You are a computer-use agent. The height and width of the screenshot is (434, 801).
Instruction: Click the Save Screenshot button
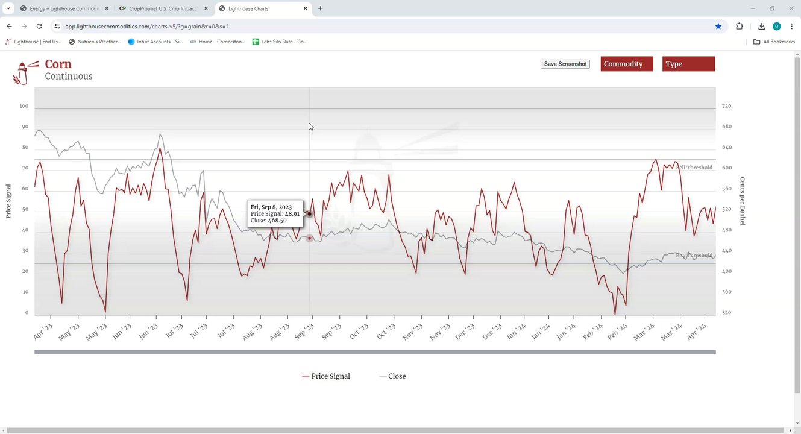coord(565,64)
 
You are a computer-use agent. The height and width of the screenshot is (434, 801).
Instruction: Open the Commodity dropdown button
coord(626,64)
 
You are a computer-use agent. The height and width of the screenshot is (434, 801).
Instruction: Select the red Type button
coord(688,64)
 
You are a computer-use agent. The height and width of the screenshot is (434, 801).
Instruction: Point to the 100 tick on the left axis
coord(24,106)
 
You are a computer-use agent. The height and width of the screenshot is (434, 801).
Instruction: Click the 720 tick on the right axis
coord(726,106)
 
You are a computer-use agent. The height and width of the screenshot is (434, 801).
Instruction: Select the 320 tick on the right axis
coord(726,313)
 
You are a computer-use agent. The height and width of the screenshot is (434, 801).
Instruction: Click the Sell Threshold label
coord(694,168)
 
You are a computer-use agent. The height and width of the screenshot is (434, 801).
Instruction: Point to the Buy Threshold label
coord(694,256)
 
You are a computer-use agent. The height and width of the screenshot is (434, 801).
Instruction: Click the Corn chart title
coord(58,64)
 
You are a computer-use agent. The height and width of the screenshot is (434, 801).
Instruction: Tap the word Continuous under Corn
coord(69,77)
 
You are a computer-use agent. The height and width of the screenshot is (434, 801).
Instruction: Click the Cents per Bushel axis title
coord(743,201)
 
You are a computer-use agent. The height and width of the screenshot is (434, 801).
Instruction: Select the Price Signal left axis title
coord(8,201)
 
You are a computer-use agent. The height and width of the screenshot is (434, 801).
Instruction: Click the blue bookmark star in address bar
coord(718,27)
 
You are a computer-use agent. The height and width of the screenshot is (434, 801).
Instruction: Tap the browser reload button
coord(39,27)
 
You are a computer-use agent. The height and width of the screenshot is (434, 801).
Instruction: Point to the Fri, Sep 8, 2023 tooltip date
coord(271,207)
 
